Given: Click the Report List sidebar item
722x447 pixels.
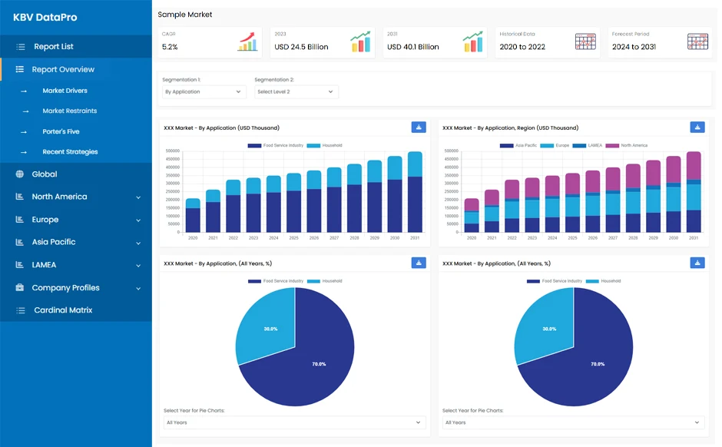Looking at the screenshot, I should (53, 47).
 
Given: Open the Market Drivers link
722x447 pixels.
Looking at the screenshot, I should (65, 91).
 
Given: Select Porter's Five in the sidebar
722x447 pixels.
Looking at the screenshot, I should (61, 131).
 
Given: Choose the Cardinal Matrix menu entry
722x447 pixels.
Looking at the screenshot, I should (63, 310).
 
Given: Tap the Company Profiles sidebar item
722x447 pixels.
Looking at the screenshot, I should (65, 288).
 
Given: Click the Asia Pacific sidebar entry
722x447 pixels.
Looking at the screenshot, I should (53, 242).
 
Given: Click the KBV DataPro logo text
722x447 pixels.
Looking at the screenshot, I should (45, 17).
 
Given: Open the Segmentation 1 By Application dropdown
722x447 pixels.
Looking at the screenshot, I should (204, 92).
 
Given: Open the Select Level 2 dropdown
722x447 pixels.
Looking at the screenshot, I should (296, 92).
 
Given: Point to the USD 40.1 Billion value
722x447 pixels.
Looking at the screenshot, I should (413, 47).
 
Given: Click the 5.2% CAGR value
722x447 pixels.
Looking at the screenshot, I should (170, 47).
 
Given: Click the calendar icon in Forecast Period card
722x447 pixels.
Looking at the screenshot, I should (697, 42).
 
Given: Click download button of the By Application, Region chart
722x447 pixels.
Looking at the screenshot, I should (697, 127).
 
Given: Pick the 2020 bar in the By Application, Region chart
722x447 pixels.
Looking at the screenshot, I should (472, 216).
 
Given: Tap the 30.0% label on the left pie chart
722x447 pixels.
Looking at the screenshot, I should (270, 329).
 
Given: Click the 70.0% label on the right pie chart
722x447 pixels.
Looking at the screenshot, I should (598, 364).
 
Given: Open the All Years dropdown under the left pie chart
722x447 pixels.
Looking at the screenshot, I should (295, 422).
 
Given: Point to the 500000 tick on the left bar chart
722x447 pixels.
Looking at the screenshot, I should (172, 154).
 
